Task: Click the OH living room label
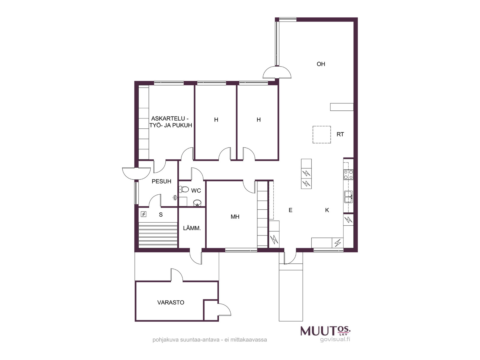point(321,64)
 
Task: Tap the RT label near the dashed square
point(340,134)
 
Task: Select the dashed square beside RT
point(322,135)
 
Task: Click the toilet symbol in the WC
point(184,189)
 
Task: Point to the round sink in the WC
point(197,203)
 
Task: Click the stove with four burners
point(348,175)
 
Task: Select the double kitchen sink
point(349,197)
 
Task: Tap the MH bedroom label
point(235,217)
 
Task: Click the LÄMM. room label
point(192,228)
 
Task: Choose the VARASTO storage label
point(171,302)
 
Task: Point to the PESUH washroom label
point(161,181)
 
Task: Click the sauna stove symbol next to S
point(143,214)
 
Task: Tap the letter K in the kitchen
point(327,210)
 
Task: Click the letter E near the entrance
point(290,210)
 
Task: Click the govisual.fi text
point(335,340)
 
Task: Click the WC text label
point(196,190)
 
